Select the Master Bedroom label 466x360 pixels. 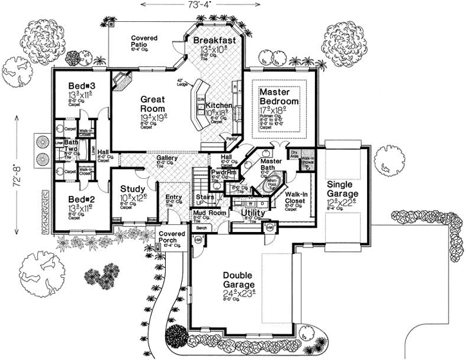point(279,97)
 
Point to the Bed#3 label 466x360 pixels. point(81,87)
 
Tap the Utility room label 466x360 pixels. point(253,212)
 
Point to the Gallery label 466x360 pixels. point(166,158)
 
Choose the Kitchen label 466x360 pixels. point(219,105)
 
